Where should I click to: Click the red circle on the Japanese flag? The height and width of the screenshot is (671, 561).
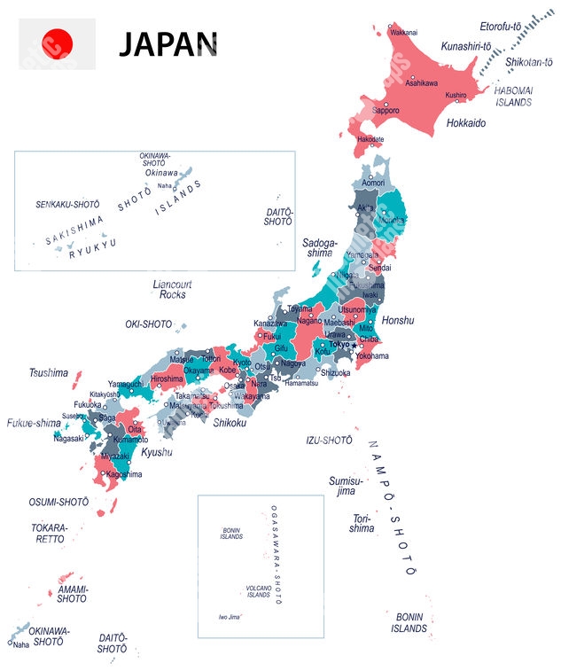[x=58, y=42]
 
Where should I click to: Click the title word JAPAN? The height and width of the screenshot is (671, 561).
[x=168, y=43]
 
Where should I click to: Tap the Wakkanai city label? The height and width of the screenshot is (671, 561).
[x=403, y=32]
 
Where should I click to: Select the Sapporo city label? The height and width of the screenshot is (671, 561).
[x=386, y=111]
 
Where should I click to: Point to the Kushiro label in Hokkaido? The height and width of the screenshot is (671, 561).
[x=456, y=95]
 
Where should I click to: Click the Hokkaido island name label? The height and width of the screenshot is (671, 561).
[x=465, y=123]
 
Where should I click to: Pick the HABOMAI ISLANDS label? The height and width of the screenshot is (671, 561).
[x=513, y=96]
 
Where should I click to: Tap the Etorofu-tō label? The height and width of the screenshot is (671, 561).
[x=501, y=27]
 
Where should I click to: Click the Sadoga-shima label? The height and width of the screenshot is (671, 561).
[x=319, y=247]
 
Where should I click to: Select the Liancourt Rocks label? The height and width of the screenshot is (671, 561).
[x=173, y=289]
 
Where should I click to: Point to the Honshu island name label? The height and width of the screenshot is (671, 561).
[x=398, y=320]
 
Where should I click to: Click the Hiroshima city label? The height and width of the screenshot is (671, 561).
[x=167, y=378]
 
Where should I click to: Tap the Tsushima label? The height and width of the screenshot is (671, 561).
[x=49, y=372]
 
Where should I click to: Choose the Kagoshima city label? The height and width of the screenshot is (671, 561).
[x=123, y=474]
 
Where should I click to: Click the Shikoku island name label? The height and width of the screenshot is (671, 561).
[x=230, y=423]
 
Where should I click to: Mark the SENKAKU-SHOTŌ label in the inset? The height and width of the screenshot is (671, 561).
[x=67, y=204]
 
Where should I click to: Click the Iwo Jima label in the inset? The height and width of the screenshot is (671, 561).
[x=230, y=617]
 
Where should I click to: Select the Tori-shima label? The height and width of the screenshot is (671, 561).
[x=337, y=523]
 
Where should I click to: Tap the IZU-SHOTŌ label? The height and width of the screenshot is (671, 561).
[x=330, y=440]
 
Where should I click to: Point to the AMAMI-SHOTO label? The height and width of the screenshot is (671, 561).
[x=73, y=594]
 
